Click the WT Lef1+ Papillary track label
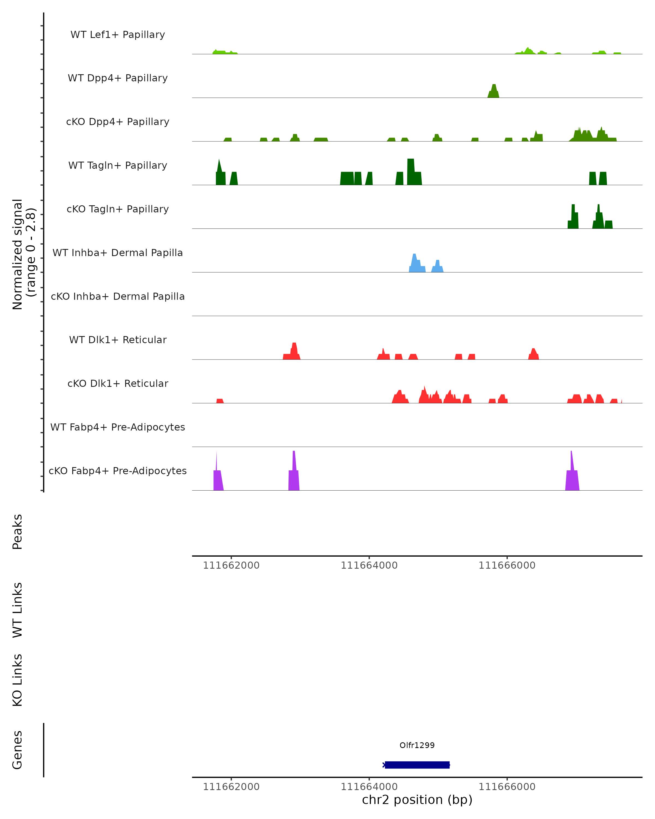[x=118, y=35]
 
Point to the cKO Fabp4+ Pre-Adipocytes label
[x=118, y=471]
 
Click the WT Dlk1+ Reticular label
[x=118, y=340]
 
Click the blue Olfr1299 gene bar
[x=417, y=765]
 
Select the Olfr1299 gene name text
[x=417, y=745]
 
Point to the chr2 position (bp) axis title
[x=417, y=800]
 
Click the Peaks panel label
[x=17, y=532]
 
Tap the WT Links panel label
[x=17, y=610]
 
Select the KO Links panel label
[x=17, y=680]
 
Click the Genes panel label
[x=17, y=750]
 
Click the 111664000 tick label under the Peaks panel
[x=369, y=565]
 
